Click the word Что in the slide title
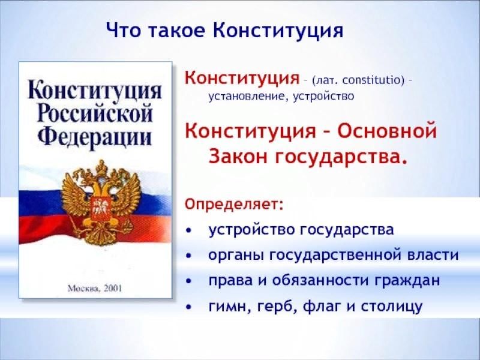pyautogui.click(x=121, y=31)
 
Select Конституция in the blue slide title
pyautogui.click(x=278, y=31)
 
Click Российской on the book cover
pyautogui.click(x=95, y=114)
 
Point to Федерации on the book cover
pyautogui.click(x=95, y=137)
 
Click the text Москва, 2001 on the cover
pyautogui.click(x=95, y=288)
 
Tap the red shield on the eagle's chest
pyautogui.click(x=100, y=209)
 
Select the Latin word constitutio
pyautogui.click(x=371, y=80)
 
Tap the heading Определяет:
pyautogui.click(x=234, y=205)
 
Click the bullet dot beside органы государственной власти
pyautogui.click(x=189, y=256)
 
